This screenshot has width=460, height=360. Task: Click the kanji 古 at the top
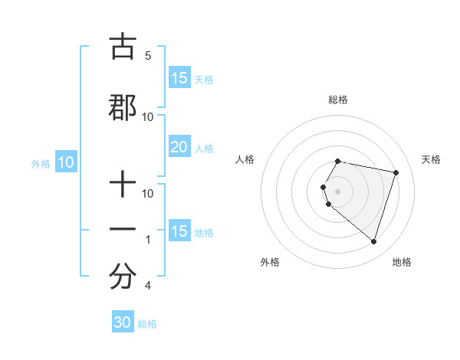coord(123,47)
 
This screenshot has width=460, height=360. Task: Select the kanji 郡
coord(123,108)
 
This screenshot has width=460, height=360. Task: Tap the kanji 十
coord(123,185)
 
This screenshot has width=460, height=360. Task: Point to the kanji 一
coord(123,230)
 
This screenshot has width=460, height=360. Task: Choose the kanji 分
coord(123,277)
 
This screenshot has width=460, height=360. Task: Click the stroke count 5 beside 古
coord(148,56)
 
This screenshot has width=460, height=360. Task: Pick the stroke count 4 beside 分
coord(147,286)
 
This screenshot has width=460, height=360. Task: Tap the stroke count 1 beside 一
coord(148,240)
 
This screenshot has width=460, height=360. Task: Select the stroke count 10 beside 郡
coord(148,117)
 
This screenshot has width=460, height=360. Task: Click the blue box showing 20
coord(179,147)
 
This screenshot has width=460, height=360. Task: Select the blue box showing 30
coord(123,322)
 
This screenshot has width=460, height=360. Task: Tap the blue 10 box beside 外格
coord(66,162)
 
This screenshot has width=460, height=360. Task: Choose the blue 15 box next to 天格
coord(179,78)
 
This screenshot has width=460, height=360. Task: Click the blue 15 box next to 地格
coord(179,231)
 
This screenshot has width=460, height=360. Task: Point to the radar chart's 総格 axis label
coord(338,100)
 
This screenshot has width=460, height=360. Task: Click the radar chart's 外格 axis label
coord(270,262)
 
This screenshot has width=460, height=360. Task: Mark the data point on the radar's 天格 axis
coord(396,173)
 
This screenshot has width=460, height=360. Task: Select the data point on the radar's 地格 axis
coord(373,241)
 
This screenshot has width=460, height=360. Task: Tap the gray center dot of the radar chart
coord(338,191)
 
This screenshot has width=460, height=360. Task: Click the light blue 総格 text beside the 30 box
coord(147,324)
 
